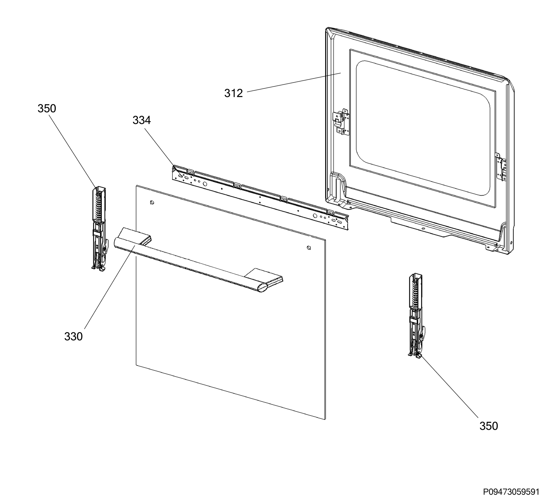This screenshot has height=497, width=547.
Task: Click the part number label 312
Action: click(233, 93)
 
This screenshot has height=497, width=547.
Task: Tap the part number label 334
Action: click(141, 120)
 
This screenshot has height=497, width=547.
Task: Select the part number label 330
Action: click(73, 337)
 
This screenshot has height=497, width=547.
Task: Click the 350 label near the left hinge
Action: click(47, 108)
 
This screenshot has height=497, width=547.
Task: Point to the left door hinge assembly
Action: click(100, 229)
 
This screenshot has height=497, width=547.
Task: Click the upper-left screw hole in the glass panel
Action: click(152, 202)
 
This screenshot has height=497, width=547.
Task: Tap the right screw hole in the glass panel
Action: click(309, 247)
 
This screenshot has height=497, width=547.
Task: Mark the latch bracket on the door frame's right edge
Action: click(502, 167)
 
